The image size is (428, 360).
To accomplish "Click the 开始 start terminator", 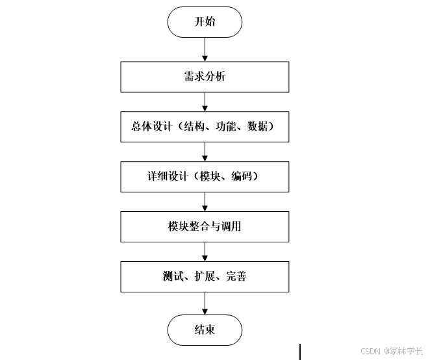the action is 205,22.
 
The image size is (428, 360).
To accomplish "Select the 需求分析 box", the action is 205,77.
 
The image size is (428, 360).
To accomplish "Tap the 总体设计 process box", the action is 205,127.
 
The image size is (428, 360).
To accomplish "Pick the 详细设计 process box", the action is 205,177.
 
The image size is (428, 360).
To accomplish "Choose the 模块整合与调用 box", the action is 205,227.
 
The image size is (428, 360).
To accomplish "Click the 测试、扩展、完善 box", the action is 205,277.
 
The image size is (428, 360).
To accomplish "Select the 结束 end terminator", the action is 205,329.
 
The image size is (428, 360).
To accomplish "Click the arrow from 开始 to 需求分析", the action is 205,49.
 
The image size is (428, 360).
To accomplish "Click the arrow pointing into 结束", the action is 205,303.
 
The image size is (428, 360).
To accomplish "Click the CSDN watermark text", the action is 370,350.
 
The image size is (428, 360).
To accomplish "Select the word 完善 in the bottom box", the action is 236,277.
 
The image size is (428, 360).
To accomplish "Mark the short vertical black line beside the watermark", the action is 300,352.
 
